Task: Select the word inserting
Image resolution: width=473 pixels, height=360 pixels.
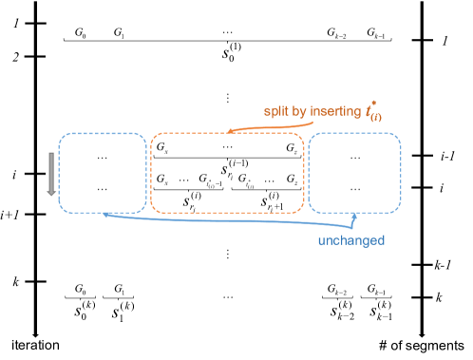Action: tap(332, 113)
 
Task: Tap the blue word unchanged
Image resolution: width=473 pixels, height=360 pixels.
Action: tap(350, 241)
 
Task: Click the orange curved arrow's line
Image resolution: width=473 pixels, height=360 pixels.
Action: tap(249, 125)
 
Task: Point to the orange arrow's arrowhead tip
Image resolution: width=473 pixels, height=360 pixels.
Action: tap(227, 132)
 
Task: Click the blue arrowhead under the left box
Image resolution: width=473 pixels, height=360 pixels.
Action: tap(105, 215)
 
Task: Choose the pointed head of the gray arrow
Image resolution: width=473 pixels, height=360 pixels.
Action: tap(52, 194)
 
